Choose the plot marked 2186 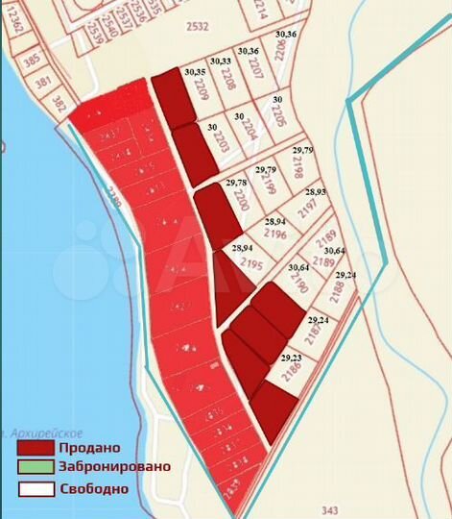point(289,378)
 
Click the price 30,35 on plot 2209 point(195,71)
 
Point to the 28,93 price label point(316,191)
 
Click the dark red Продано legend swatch point(35,447)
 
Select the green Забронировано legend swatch point(35,467)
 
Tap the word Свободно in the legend point(93,488)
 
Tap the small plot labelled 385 point(32,59)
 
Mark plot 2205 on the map point(278,116)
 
